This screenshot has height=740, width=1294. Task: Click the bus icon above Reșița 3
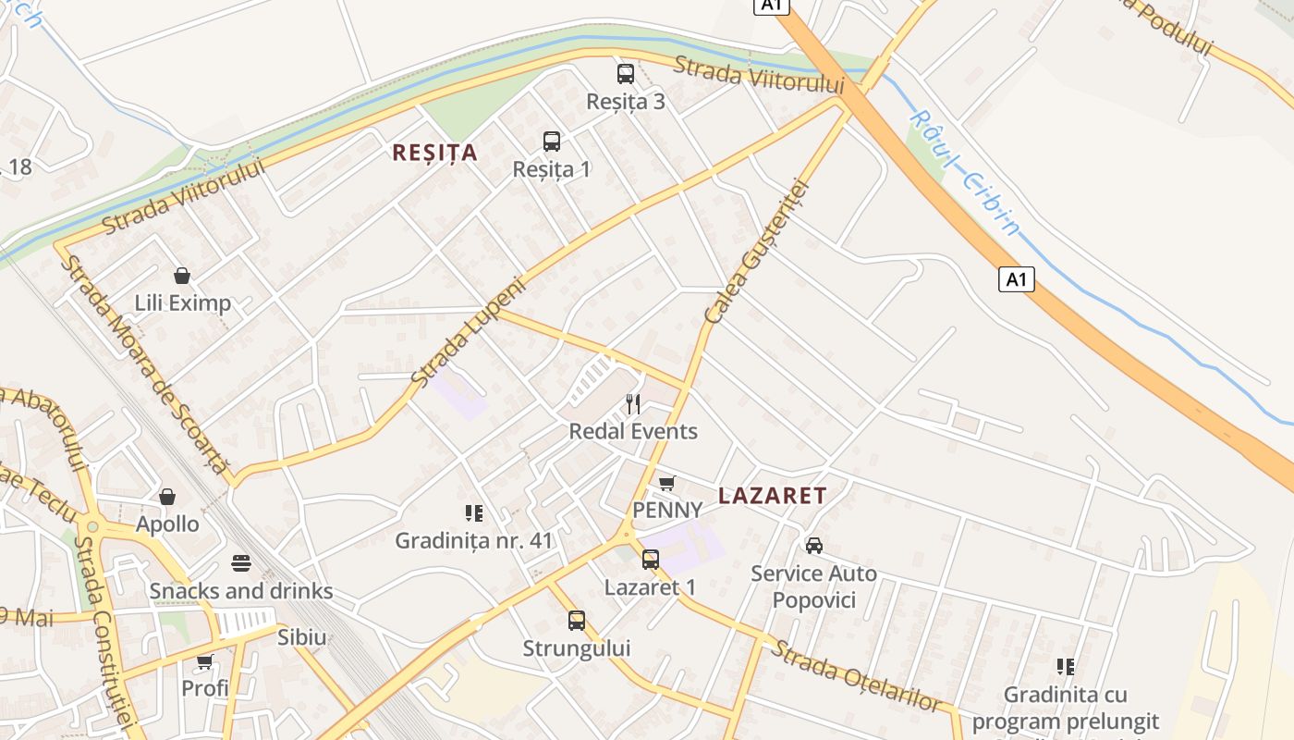pyautogui.click(x=626, y=74)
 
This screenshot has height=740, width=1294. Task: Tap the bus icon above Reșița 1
pyautogui.click(x=552, y=142)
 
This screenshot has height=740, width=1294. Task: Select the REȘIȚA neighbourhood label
pyautogui.click(x=434, y=153)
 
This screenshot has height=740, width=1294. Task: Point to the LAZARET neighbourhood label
pyautogui.click(x=773, y=496)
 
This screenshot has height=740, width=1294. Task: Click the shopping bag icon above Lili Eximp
pyautogui.click(x=182, y=276)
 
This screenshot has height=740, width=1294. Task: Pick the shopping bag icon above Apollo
pyautogui.click(x=167, y=497)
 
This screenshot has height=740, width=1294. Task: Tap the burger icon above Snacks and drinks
pyautogui.click(x=241, y=563)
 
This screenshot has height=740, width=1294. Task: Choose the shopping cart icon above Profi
pyautogui.click(x=204, y=661)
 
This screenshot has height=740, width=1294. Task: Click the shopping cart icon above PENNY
pyautogui.click(x=666, y=483)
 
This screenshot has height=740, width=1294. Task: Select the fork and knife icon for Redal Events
pyautogui.click(x=633, y=404)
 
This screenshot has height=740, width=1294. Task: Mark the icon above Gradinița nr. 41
pyautogui.click(x=474, y=512)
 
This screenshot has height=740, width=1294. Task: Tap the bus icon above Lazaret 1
pyautogui.click(x=651, y=560)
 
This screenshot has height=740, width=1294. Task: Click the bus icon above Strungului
pyautogui.click(x=577, y=621)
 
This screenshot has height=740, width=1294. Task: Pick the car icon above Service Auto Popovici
pyautogui.click(x=814, y=546)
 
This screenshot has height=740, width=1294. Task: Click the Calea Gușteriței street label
pyautogui.click(x=756, y=252)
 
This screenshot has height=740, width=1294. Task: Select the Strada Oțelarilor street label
pyautogui.click(x=856, y=676)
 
